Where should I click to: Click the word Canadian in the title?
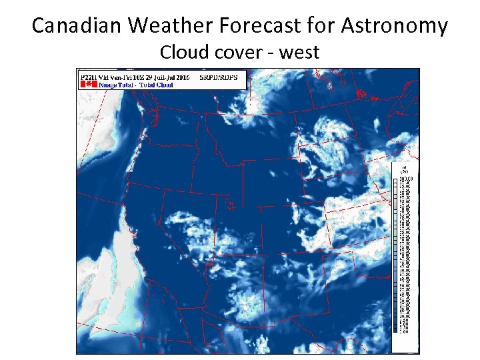coord(77,26)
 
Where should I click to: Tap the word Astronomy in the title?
coord(395,26)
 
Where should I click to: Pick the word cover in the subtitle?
coord(235,51)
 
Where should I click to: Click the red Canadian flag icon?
coord(85,85)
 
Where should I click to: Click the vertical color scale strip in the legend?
coord(396,253)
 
